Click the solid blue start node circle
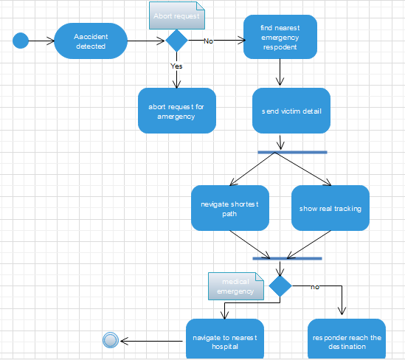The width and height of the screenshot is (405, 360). click(x=21, y=41)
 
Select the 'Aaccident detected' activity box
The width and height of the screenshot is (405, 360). click(x=91, y=41)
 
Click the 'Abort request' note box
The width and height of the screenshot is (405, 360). click(x=175, y=15)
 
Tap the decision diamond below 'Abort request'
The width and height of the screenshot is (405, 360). click(x=177, y=41)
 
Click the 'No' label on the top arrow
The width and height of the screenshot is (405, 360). click(x=209, y=41)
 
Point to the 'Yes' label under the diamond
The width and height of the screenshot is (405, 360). click(x=177, y=66)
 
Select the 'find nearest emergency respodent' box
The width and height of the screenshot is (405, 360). click(x=280, y=37)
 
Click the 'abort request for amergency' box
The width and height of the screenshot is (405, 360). click(x=177, y=111)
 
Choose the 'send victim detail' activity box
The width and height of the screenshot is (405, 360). click(x=291, y=111)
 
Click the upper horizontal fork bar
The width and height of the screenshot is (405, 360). click(x=292, y=152)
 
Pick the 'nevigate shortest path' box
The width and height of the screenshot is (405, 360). click(x=229, y=208)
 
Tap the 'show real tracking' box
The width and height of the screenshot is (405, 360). click(x=330, y=208)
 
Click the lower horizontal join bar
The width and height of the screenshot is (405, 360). click(x=287, y=259)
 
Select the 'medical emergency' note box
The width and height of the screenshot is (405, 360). click(x=235, y=286)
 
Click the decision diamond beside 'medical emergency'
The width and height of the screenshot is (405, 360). click(x=280, y=285)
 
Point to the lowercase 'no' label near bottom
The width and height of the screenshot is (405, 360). click(x=315, y=285)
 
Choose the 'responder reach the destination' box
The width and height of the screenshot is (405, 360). click(x=347, y=341)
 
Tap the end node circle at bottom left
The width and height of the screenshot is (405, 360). click(x=111, y=340)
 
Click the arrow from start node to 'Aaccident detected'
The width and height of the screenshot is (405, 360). click(x=41, y=41)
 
